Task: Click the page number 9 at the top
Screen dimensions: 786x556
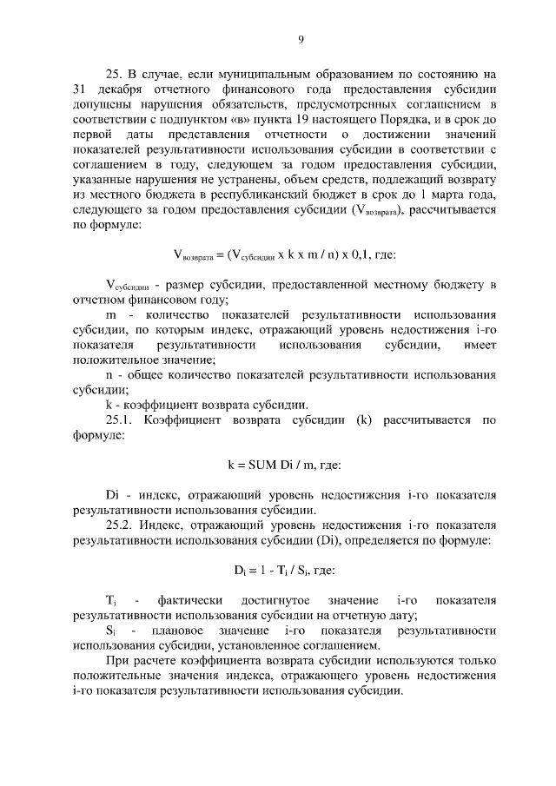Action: (300, 39)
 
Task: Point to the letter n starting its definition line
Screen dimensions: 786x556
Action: (109, 373)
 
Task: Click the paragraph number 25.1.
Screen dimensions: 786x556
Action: (121, 421)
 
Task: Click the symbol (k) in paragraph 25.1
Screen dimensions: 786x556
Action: (362, 421)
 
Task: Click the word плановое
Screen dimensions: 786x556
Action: (178, 631)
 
